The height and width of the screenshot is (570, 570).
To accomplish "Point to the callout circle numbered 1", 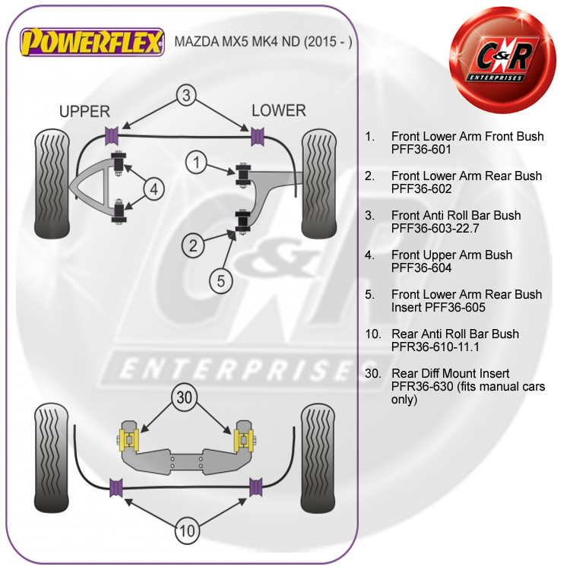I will click(197, 162).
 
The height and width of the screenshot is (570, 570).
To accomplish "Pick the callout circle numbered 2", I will click(193, 245).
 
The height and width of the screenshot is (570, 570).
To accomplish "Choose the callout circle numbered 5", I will click(220, 281).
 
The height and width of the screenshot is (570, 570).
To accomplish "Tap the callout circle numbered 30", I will click(183, 397).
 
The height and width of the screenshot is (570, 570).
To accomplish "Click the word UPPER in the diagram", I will click(84, 112).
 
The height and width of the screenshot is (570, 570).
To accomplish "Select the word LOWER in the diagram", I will click(278, 111).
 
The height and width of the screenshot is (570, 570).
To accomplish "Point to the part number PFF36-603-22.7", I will click(436, 229).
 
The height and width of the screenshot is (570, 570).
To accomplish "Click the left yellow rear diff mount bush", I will click(128, 439).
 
